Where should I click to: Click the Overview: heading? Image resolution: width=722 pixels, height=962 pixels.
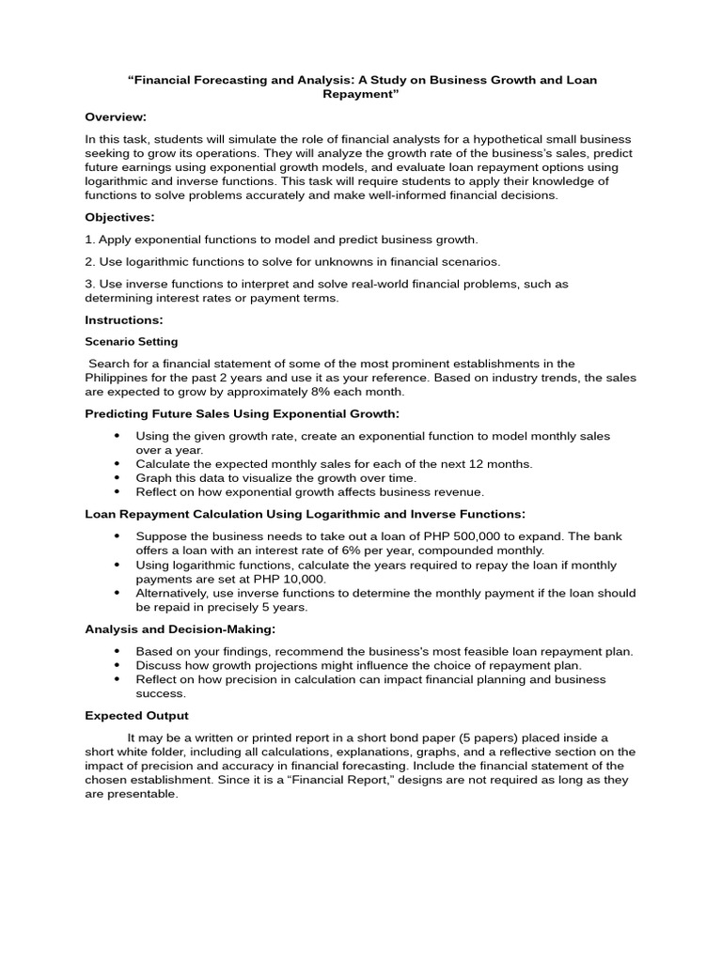[x=116, y=116]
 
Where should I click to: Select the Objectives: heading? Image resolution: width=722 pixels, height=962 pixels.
[x=119, y=217]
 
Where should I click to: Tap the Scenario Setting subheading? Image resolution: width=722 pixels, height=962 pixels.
[x=131, y=342]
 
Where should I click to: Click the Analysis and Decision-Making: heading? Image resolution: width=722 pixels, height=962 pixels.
[x=180, y=628]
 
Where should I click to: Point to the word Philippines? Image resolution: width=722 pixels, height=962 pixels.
[x=117, y=378]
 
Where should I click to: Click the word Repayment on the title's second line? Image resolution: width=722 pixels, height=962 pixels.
[x=362, y=95]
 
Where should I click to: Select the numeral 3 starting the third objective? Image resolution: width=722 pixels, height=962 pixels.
[x=88, y=284]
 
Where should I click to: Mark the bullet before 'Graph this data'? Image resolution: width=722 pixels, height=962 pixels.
[x=118, y=478]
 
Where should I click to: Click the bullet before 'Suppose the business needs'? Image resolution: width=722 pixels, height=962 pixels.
[x=118, y=536]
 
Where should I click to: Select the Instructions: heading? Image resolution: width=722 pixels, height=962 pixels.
[x=124, y=320]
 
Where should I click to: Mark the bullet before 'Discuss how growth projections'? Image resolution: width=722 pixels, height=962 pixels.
[x=118, y=665]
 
